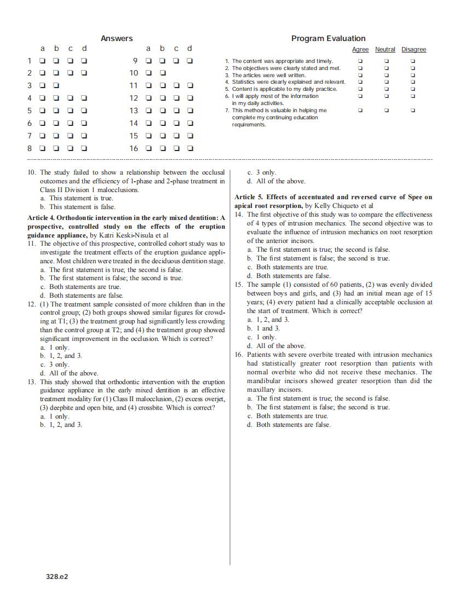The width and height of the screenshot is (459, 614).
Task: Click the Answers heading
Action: [117, 38]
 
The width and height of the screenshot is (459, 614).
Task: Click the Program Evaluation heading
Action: [328, 38]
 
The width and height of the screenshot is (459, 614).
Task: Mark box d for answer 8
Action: [84, 148]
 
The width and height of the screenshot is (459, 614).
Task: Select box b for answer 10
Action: [163, 73]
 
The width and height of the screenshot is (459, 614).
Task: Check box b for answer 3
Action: [56, 85]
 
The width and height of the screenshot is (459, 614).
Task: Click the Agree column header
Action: [360, 50]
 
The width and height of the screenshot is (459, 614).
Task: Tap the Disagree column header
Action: [414, 50]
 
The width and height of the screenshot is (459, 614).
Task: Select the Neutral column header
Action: [385, 50]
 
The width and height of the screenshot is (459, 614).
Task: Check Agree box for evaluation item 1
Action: [360, 61]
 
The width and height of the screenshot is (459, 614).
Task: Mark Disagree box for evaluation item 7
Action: [413, 111]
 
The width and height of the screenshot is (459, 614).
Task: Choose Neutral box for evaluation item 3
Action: [386, 75]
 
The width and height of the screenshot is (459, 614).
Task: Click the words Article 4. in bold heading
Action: [42, 218]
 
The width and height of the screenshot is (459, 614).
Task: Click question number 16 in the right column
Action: [239, 355]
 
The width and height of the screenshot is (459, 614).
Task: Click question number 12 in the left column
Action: [32, 304]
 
